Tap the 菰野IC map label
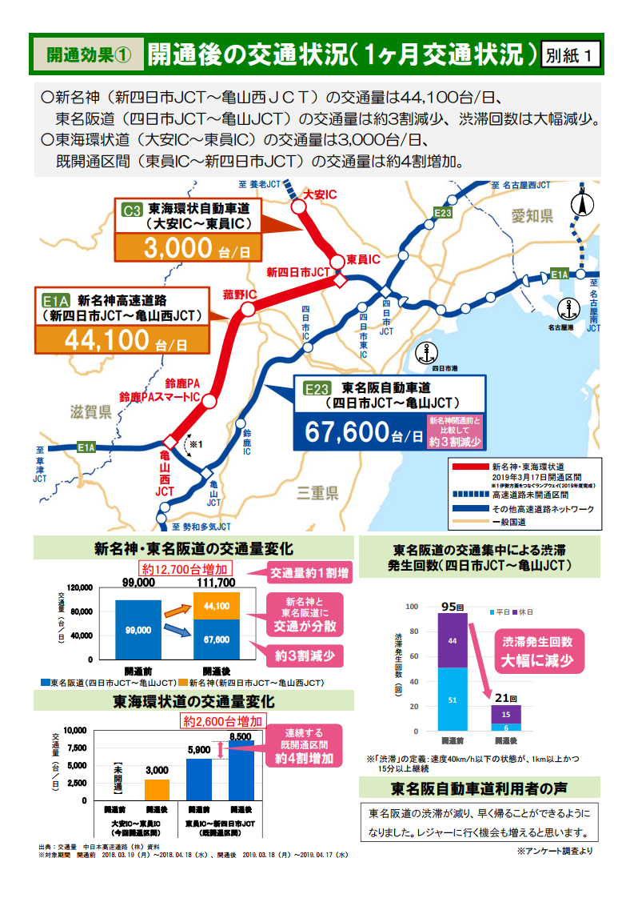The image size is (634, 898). click(240, 295)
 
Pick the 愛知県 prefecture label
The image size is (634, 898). click(533, 216)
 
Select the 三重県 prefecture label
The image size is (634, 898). click(318, 492)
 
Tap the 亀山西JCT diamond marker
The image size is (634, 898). click(169, 442)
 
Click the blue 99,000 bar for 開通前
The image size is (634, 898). click(138, 629)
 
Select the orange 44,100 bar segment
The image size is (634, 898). click(216, 606)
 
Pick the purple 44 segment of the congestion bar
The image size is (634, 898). click(453, 640)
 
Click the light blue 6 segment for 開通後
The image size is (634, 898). click(506, 727)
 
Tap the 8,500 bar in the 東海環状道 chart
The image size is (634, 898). click(241, 770)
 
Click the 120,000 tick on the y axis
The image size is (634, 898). click(79, 587)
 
